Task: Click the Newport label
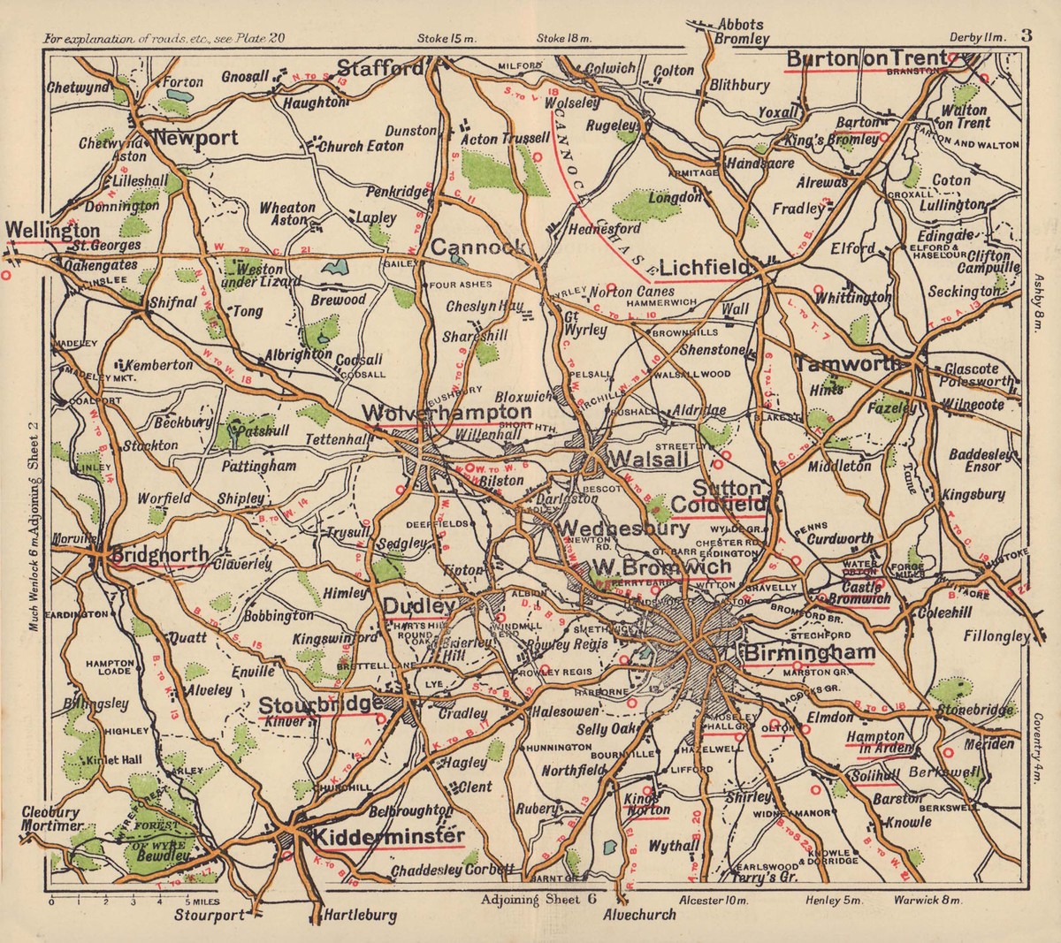(x=196, y=138)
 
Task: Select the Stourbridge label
(x=320, y=704)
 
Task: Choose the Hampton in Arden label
(x=874, y=742)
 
